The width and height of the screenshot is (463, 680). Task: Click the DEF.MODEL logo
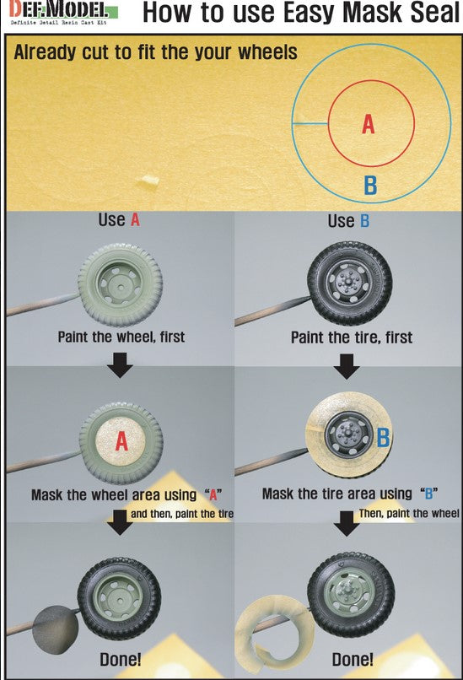[x=64, y=12]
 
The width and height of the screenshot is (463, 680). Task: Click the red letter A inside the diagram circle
[x=368, y=124]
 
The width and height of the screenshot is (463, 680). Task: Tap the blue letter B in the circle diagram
[x=370, y=185]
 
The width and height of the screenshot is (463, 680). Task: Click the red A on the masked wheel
[x=121, y=441]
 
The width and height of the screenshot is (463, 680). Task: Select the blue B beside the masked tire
[x=383, y=438]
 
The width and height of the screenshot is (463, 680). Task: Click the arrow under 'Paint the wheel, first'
[x=120, y=364]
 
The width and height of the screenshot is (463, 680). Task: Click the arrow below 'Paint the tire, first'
[x=347, y=366]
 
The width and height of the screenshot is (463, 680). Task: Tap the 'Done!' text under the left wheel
[x=121, y=659]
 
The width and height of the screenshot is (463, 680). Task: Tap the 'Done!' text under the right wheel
[x=353, y=659]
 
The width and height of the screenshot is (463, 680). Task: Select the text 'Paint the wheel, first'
[x=121, y=337]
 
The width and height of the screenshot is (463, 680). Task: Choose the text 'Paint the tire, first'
[x=352, y=337]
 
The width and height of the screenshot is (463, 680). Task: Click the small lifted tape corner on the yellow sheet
[x=148, y=181]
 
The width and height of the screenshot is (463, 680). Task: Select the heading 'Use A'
[x=119, y=220]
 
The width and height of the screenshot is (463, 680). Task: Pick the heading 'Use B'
[x=348, y=221]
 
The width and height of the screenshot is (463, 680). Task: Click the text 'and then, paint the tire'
[x=182, y=514]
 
